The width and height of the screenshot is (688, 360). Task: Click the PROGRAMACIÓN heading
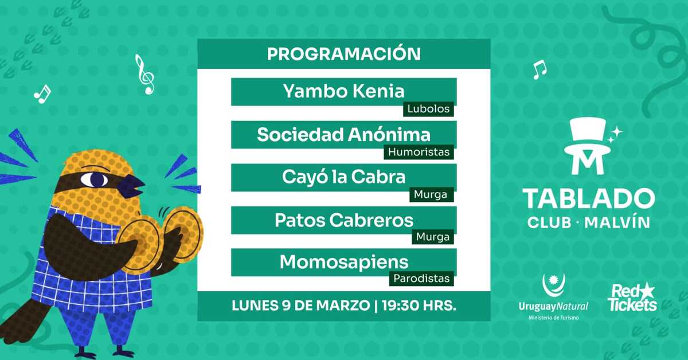[343, 54]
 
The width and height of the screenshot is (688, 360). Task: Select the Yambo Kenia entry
[343, 91]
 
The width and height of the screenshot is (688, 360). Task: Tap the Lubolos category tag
[429, 109]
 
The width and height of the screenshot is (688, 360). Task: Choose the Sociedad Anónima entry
[343, 135]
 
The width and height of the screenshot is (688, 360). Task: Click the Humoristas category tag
[420, 152]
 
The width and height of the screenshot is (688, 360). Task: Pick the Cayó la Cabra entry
[343, 177]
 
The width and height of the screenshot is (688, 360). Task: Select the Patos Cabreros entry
[343, 220]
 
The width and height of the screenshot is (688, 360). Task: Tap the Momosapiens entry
[343, 262]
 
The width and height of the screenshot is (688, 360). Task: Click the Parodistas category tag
[421, 279]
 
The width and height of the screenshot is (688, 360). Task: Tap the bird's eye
[95, 179]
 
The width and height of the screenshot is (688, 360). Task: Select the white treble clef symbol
[144, 74]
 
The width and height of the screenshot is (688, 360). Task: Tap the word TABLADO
[588, 198]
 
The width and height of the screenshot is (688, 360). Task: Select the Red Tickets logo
[632, 298]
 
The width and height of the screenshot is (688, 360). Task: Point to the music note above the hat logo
[539, 69]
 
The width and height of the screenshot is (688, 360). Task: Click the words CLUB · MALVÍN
[588, 222]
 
